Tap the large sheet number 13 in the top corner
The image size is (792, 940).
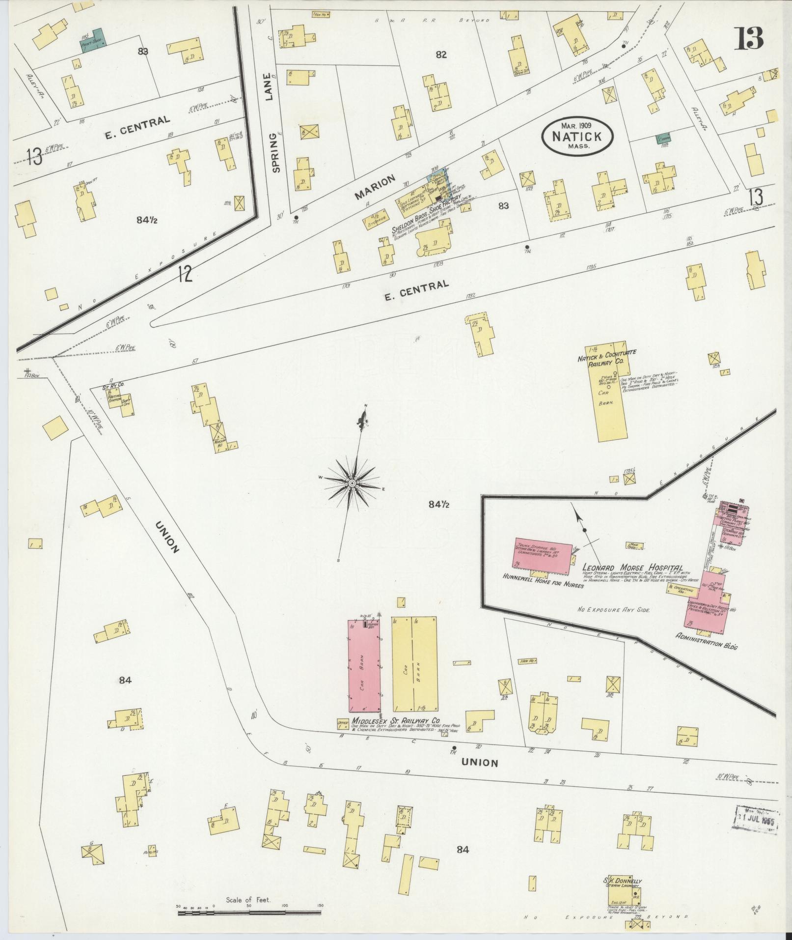tap(749, 38)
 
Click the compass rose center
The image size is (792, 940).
tap(352, 484)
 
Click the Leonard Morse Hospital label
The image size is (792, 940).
tap(633, 568)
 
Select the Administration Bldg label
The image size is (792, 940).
tap(707, 642)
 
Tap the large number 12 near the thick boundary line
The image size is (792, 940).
tap(185, 274)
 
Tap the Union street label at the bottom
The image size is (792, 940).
tap(480, 763)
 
